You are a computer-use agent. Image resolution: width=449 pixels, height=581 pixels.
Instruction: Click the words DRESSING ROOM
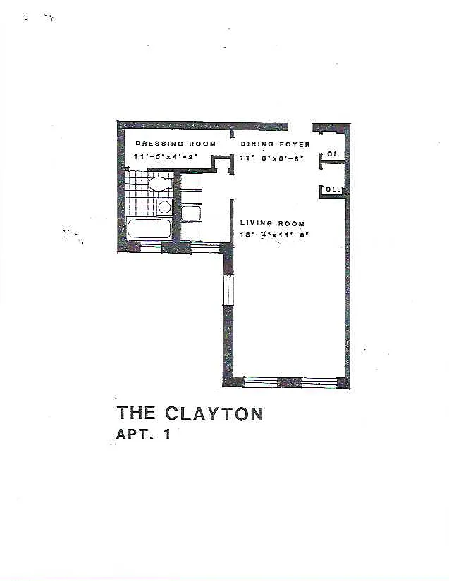click(x=176, y=144)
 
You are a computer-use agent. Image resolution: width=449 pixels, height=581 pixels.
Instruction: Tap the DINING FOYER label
click(x=275, y=144)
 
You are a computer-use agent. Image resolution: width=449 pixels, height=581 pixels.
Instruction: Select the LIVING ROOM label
click(x=272, y=223)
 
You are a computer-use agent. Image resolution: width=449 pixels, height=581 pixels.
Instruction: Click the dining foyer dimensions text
click(x=271, y=158)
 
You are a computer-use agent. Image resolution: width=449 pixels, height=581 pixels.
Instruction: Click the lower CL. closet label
click(x=333, y=190)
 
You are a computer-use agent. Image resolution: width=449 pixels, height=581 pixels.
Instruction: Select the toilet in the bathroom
click(x=161, y=185)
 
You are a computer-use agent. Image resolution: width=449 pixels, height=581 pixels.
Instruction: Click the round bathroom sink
click(x=164, y=206)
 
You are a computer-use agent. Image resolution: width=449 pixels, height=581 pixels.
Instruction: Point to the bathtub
click(x=149, y=229)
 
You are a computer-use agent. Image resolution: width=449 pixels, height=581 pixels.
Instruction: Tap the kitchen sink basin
click(x=192, y=213)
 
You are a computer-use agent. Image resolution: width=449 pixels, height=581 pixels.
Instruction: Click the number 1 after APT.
click(x=167, y=435)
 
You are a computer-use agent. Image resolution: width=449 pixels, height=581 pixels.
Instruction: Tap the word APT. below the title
click(x=135, y=435)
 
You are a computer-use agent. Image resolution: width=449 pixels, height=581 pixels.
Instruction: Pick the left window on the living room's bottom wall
click(x=260, y=382)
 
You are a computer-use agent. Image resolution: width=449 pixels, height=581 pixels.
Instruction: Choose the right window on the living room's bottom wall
click(x=319, y=382)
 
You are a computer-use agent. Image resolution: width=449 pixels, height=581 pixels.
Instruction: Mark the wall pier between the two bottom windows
click(x=289, y=382)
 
